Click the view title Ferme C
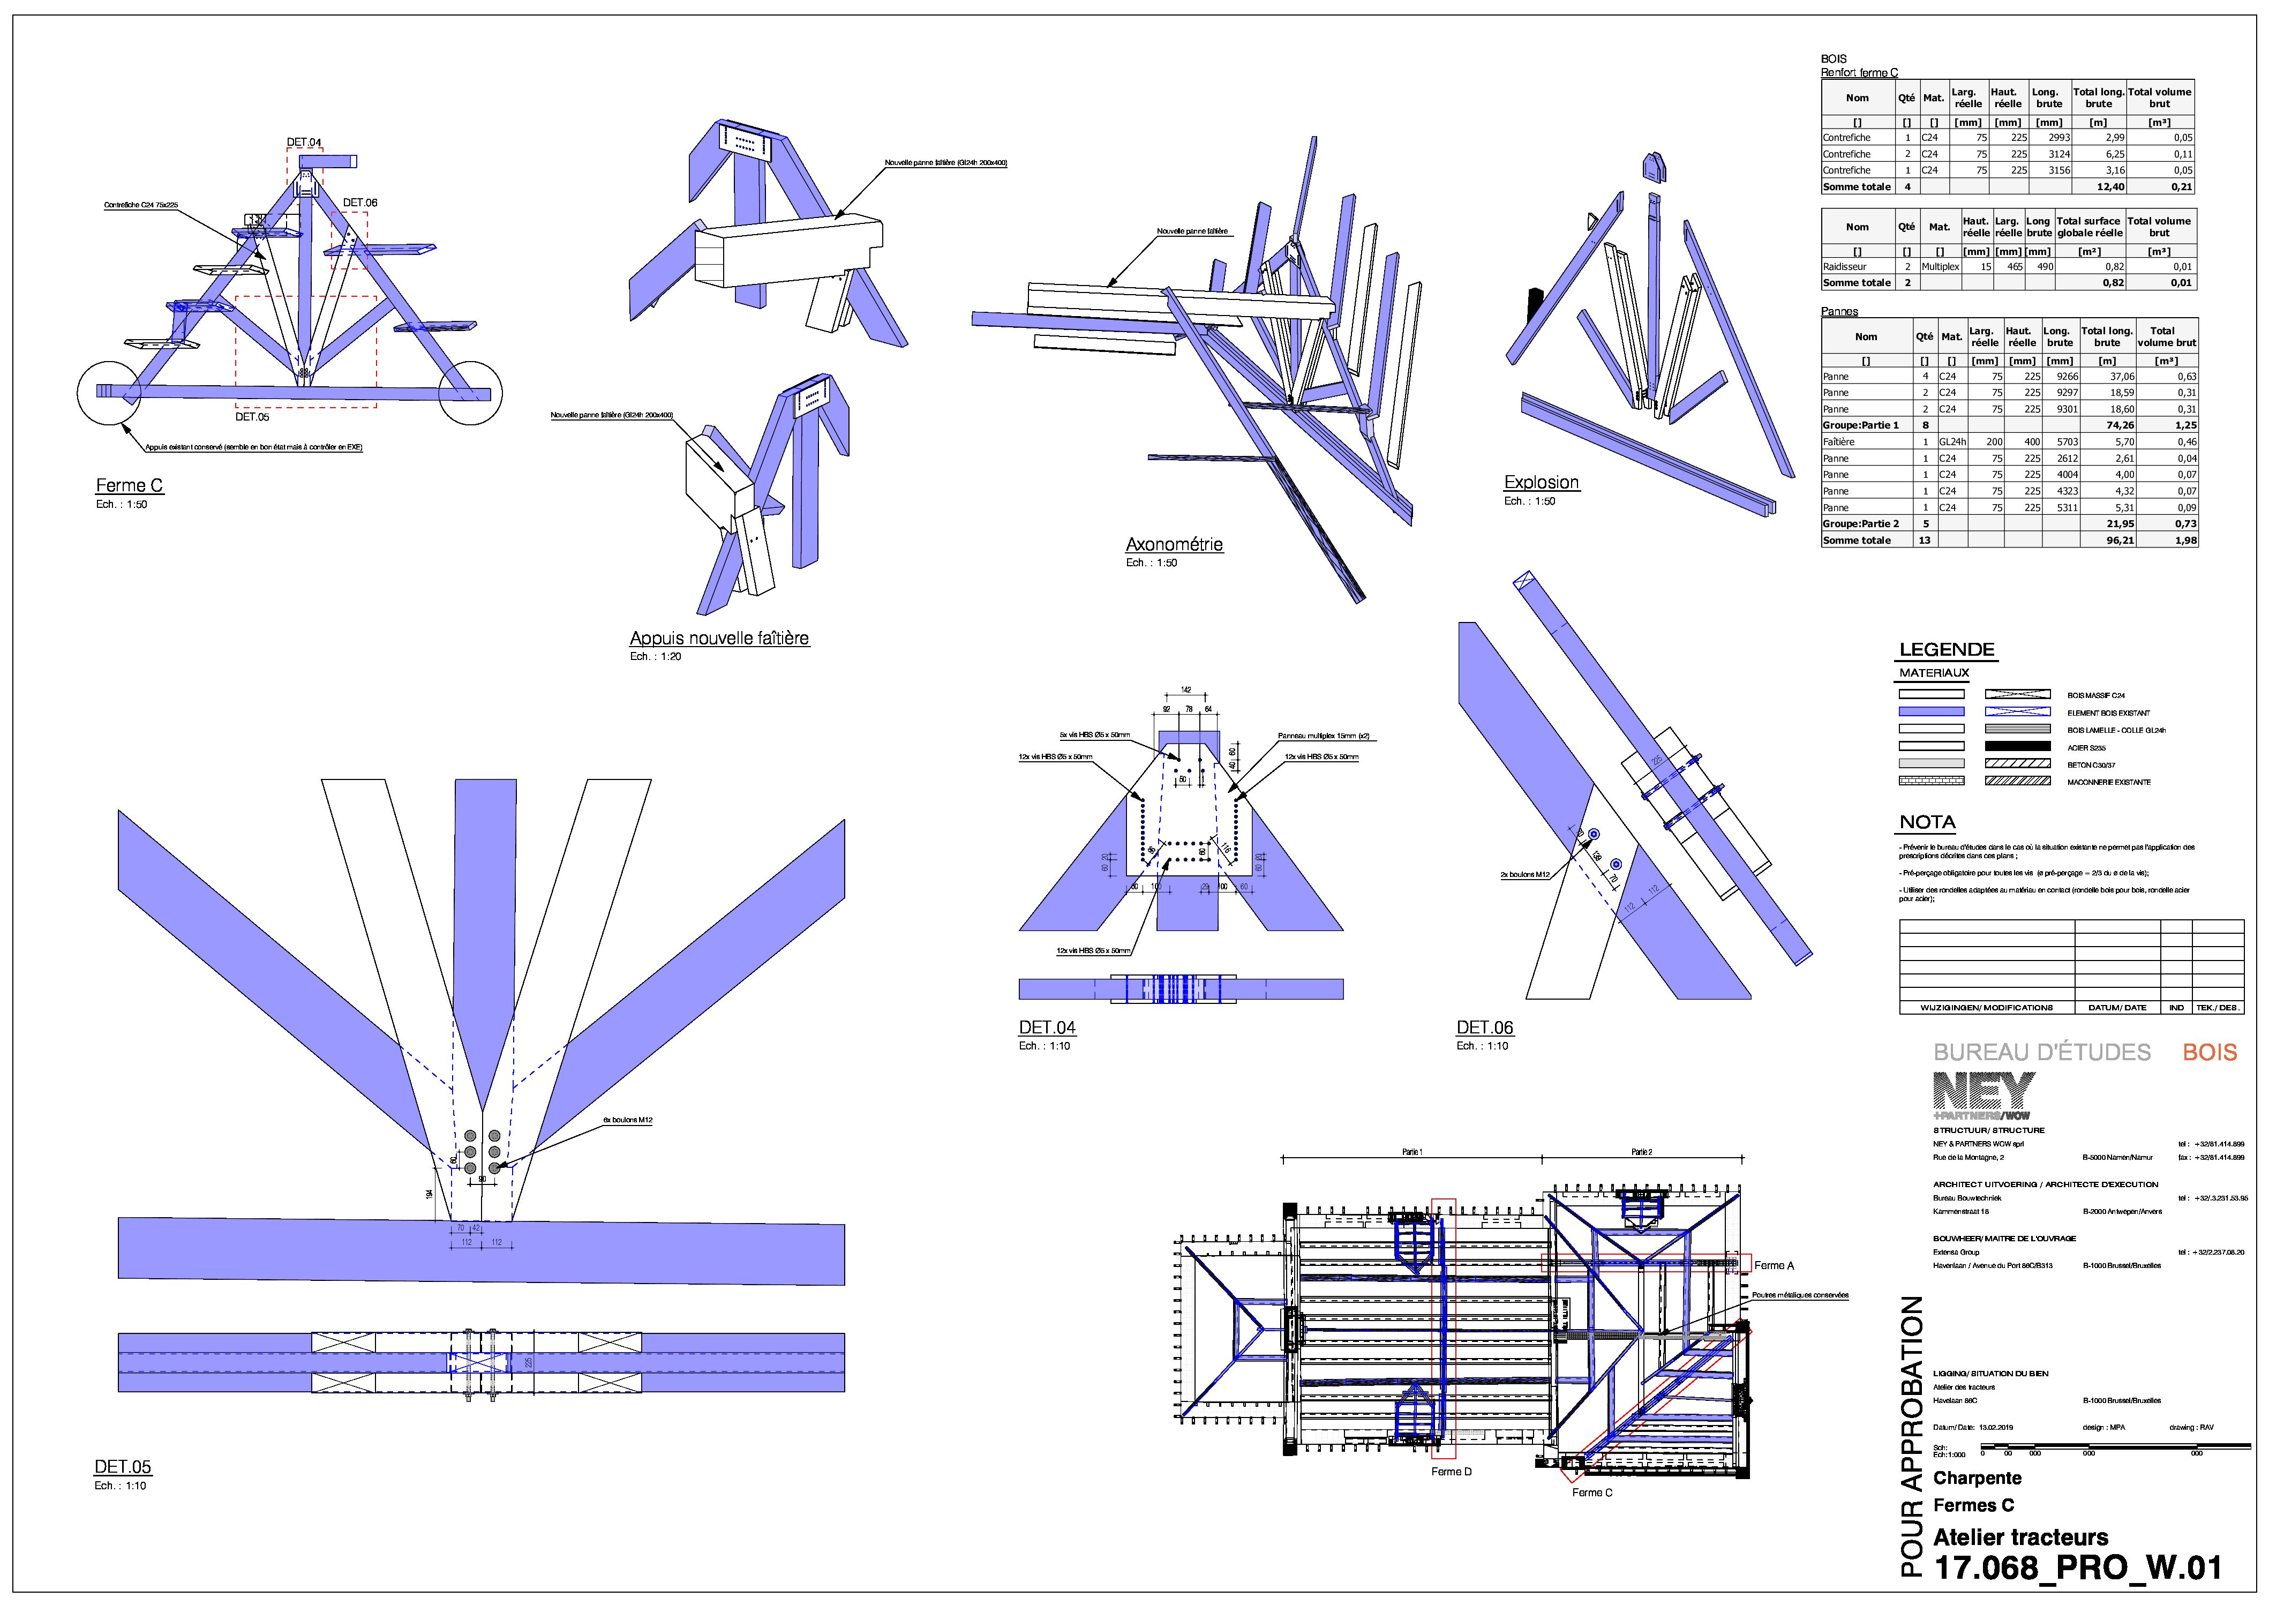[129, 485]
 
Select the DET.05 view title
[123, 1467]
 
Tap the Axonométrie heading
[1174, 544]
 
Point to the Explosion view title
[1541, 482]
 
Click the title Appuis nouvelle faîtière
[718, 639]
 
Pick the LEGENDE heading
[1946, 649]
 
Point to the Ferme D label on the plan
[1451, 1472]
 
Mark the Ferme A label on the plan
[1774, 1265]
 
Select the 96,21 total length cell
[2120, 541]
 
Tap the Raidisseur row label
[1844, 267]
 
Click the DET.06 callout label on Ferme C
[360, 202]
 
